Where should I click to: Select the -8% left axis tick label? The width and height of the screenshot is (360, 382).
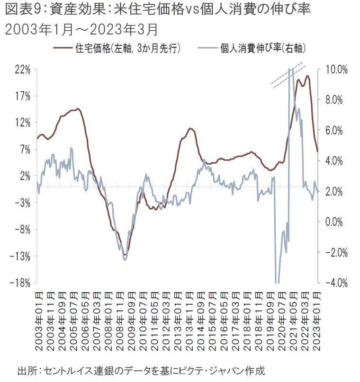[x=22, y=229]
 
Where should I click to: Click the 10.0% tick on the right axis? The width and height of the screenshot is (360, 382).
[x=337, y=69]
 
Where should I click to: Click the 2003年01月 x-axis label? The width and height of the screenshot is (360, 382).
[x=39, y=322]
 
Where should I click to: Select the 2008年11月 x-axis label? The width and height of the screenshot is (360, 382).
[x=120, y=322]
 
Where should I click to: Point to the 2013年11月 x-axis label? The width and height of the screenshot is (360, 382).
[x=190, y=322]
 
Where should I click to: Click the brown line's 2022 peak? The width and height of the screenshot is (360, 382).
[x=308, y=76]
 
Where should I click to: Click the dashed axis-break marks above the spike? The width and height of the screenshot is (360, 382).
[x=288, y=76]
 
